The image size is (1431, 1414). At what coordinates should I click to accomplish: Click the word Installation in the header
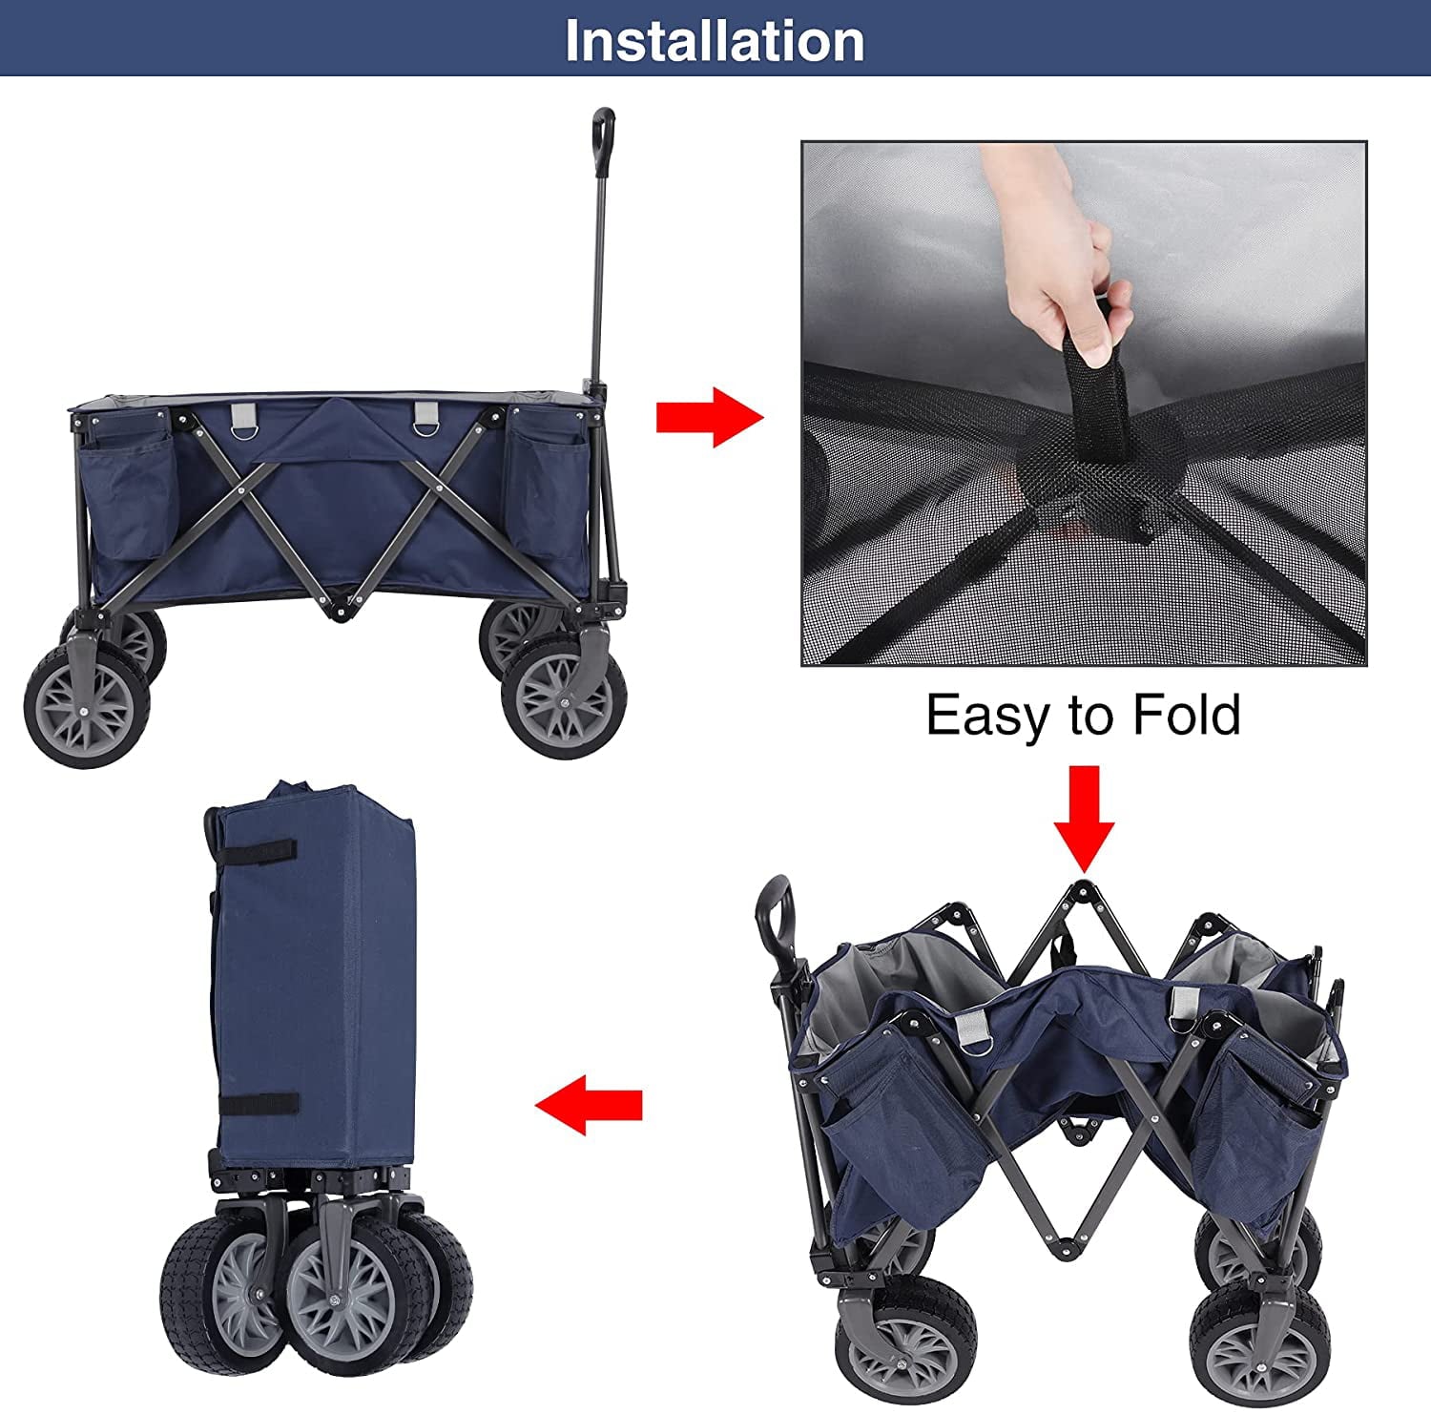pos(715,40)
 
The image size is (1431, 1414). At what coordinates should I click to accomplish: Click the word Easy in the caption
pos(988,715)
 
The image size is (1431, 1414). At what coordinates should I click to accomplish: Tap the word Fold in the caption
pos(1187,715)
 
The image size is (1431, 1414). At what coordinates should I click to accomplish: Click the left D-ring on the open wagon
pos(244,419)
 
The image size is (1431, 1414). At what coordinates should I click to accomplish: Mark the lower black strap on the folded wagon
pos(258,1104)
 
